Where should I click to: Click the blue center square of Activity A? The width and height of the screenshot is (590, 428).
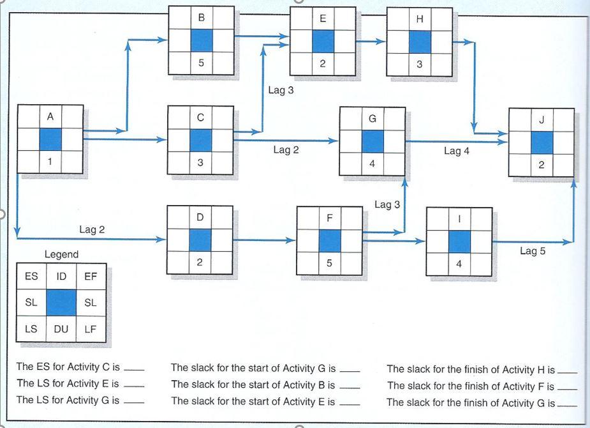pyautogui.click(x=50, y=139)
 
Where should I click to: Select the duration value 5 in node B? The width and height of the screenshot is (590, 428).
pyautogui.click(x=202, y=63)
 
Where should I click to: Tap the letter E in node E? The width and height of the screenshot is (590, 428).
pyautogui.click(x=323, y=19)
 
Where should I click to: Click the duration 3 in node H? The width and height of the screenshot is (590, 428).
pyautogui.click(x=420, y=64)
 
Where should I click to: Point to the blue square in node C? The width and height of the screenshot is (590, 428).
pyautogui.click(x=200, y=140)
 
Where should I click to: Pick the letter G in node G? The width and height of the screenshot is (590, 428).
pyautogui.click(x=372, y=119)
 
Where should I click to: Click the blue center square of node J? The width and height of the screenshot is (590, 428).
pyautogui.click(x=542, y=142)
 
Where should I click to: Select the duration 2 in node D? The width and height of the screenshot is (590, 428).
pyautogui.click(x=200, y=261)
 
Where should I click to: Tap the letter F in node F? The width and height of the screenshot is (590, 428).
pyautogui.click(x=329, y=218)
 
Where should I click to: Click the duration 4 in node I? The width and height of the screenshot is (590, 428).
pyautogui.click(x=459, y=264)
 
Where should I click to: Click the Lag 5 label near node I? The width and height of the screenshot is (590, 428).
pyautogui.click(x=533, y=251)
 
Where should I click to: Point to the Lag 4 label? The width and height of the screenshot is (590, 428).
pyautogui.click(x=457, y=151)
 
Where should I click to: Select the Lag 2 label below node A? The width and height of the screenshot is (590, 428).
pyautogui.click(x=92, y=229)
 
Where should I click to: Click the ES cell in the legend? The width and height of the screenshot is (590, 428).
pyautogui.click(x=31, y=277)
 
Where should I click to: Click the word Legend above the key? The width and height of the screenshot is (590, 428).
pyautogui.click(x=61, y=254)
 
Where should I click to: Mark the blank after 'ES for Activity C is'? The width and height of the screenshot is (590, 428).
pyautogui.click(x=134, y=370)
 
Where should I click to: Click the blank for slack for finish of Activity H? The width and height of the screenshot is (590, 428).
pyautogui.click(x=566, y=371)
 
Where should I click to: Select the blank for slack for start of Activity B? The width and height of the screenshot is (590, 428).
pyautogui.click(x=350, y=387)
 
